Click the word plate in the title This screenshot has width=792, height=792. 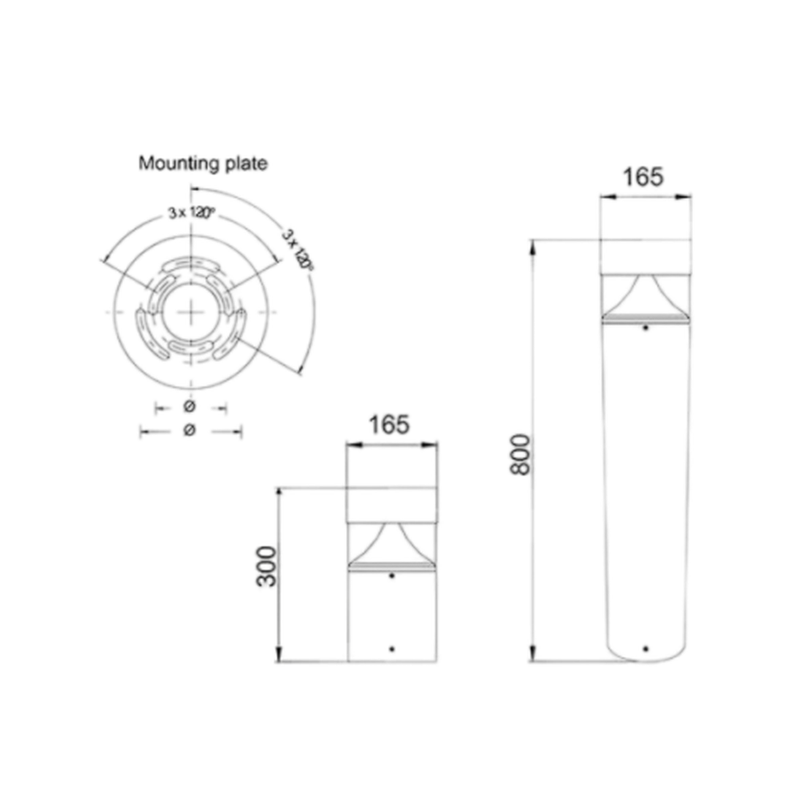pyautogui.click(x=247, y=164)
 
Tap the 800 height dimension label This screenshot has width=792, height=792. pyautogui.click(x=520, y=454)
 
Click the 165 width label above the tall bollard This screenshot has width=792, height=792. pyautogui.click(x=643, y=177)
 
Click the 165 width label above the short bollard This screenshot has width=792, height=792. pyautogui.click(x=390, y=425)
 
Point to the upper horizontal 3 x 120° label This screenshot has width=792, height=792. pyautogui.click(x=192, y=213)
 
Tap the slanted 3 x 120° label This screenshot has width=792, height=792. pyautogui.click(x=298, y=249)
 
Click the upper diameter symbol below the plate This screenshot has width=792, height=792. pyautogui.click(x=189, y=407)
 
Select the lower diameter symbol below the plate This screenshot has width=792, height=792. pyautogui.click(x=189, y=431)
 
